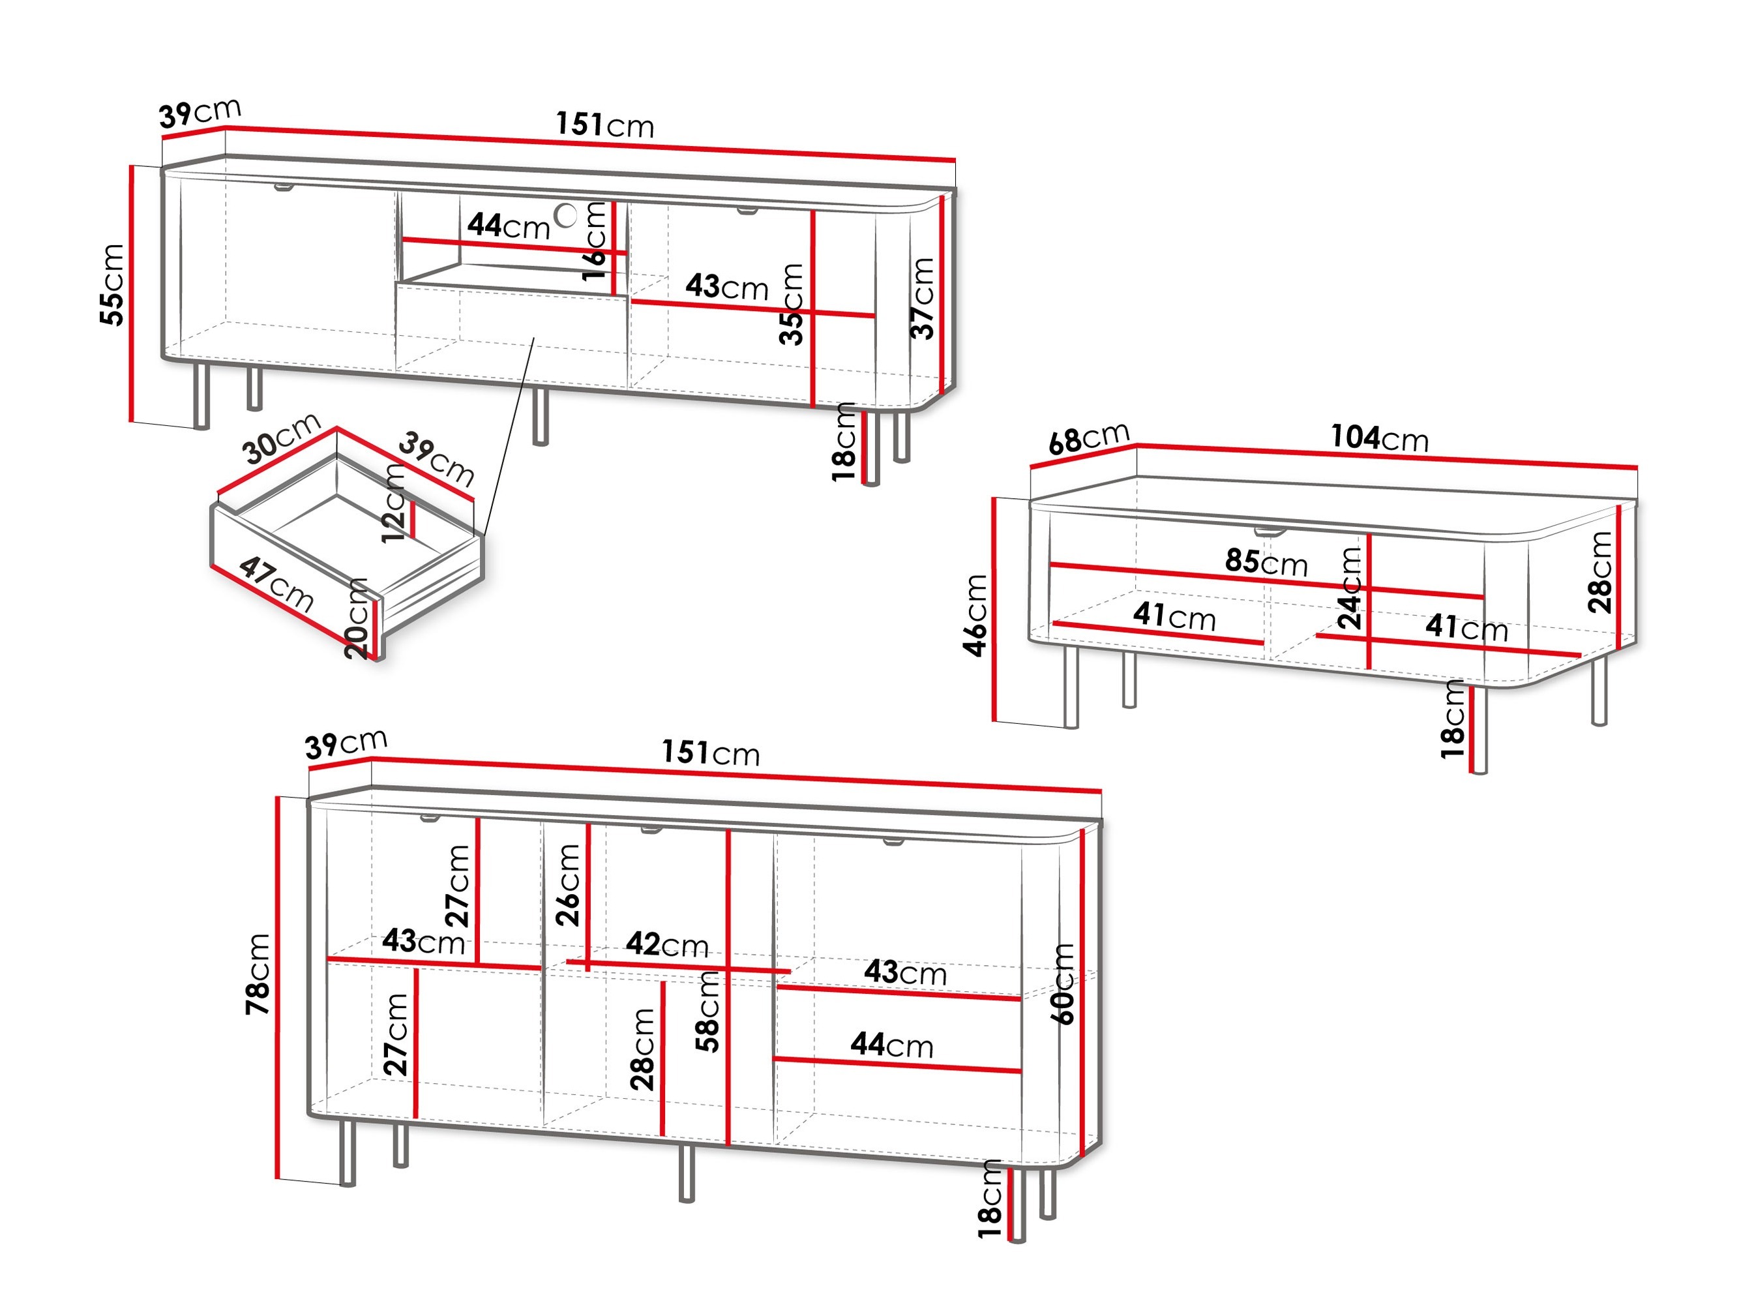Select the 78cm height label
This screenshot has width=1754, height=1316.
pyautogui.click(x=258, y=974)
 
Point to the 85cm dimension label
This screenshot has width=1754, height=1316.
pyautogui.click(x=1266, y=561)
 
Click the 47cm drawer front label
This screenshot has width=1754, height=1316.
pyautogui.click(x=276, y=584)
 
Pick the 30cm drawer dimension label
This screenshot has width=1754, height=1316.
pyautogui.click(x=280, y=438)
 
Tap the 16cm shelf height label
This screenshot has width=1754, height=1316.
pyautogui.click(x=594, y=241)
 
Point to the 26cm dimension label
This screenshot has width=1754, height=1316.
pyautogui.click(x=568, y=884)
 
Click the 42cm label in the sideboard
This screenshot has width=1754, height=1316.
pyautogui.click(x=666, y=944)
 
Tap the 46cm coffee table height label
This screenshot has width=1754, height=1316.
pyautogui.click(x=975, y=616)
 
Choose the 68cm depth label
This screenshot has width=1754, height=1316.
pyautogui.click(x=1088, y=438)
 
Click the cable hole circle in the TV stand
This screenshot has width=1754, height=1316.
pyautogui.click(x=565, y=215)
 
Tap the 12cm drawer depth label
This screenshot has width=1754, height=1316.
pyautogui.click(x=394, y=503)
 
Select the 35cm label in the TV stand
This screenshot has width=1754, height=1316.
pyautogui.click(x=792, y=304)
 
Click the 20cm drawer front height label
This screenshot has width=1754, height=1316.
pyautogui.click(x=357, y=619)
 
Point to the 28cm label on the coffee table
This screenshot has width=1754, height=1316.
pyautogui.click(x=1599, y=572)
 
